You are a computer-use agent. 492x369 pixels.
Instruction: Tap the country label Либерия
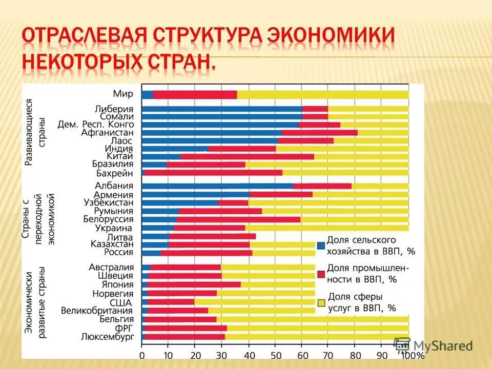[x=114, y=109]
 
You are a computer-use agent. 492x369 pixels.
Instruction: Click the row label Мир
[x=123, y=94]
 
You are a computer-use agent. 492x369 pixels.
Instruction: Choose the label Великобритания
[x=97, y=310]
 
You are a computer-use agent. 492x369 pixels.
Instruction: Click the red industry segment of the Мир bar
[x=195, y=95]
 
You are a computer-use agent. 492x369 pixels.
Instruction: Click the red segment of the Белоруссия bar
[x=238, y=219]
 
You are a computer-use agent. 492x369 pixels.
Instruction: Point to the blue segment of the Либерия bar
[x=221, y=109]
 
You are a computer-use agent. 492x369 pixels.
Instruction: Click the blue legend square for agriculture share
[x=321, y=245]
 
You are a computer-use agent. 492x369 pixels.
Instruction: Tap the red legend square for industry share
[x=321, y=274]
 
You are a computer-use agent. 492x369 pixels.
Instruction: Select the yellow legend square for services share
[x=321, y=303]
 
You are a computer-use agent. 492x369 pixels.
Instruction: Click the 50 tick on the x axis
[x=275, y=355]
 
